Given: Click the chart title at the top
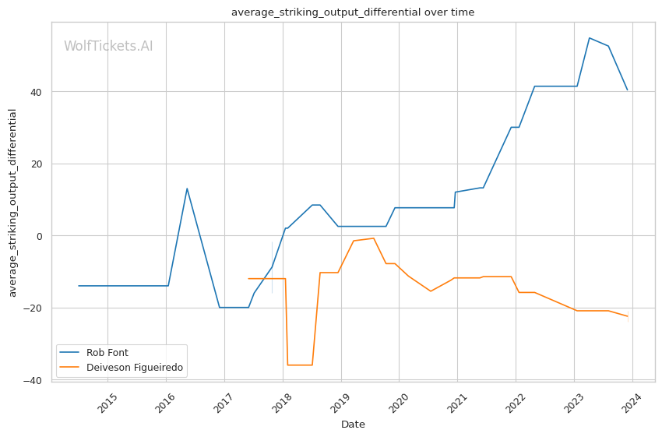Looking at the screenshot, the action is (353, 12).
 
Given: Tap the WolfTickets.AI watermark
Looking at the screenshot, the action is (108, 46).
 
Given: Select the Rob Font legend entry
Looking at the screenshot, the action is (107, 353).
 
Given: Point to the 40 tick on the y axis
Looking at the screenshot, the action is (39, 92).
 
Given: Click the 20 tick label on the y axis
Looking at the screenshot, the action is (39, 164).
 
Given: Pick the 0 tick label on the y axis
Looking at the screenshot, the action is (40, 237).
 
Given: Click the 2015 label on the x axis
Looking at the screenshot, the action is (108, 403).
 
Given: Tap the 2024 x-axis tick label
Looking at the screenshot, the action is (633, 403).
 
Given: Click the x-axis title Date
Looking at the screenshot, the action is (353, 425).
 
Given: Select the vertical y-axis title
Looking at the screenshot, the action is (12, 203).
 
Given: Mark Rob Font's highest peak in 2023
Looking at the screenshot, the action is (590, 38).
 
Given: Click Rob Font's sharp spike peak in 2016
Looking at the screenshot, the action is (187, 189).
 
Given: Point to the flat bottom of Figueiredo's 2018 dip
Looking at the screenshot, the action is (300, 365).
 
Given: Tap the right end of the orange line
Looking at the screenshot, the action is (628, 316).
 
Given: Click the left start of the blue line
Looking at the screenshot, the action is (79, 286).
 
